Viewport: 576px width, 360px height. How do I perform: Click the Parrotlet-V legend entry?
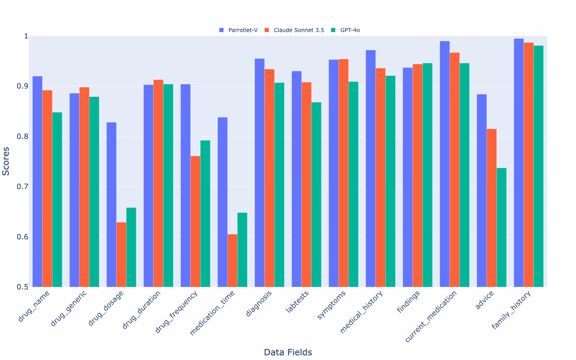[x=238, y=30]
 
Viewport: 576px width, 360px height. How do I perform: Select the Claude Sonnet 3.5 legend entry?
[x=294, y=30]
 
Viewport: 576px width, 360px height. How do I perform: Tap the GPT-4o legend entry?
[x=345, y=30]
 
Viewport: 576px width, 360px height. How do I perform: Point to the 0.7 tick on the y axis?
[x=23, y=186]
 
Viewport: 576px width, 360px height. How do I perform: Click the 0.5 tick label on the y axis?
[x=23, y=287]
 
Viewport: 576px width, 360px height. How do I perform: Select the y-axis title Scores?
[x=6, y=162]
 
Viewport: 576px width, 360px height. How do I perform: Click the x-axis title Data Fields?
[x=288, y=352]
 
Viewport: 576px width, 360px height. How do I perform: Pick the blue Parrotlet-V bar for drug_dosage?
[x=111, y=205]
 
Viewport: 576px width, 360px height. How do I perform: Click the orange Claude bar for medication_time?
[x=233, y=261]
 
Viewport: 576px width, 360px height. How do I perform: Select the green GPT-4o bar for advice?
[x=501, y=228]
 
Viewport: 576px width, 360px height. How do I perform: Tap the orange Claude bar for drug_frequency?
[x=195, y=221]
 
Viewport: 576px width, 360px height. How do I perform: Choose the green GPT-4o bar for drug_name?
[x=57, y=199]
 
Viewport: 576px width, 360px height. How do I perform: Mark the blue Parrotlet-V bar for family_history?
[x=519, y=163]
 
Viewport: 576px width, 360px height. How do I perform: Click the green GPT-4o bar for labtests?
[x=316, y=195]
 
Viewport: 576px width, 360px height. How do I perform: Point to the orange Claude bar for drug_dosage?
[x=121, y=255]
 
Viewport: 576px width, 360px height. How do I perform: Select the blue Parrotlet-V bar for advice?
[x=482, y=190]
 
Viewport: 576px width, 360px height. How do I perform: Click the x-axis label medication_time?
[x=212, y=313]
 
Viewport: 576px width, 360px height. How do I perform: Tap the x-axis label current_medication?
[x=431, y=316]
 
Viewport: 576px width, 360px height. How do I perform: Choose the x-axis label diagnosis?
[x=258, y=303]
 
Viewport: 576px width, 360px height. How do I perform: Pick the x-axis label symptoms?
[x=331, y=305]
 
